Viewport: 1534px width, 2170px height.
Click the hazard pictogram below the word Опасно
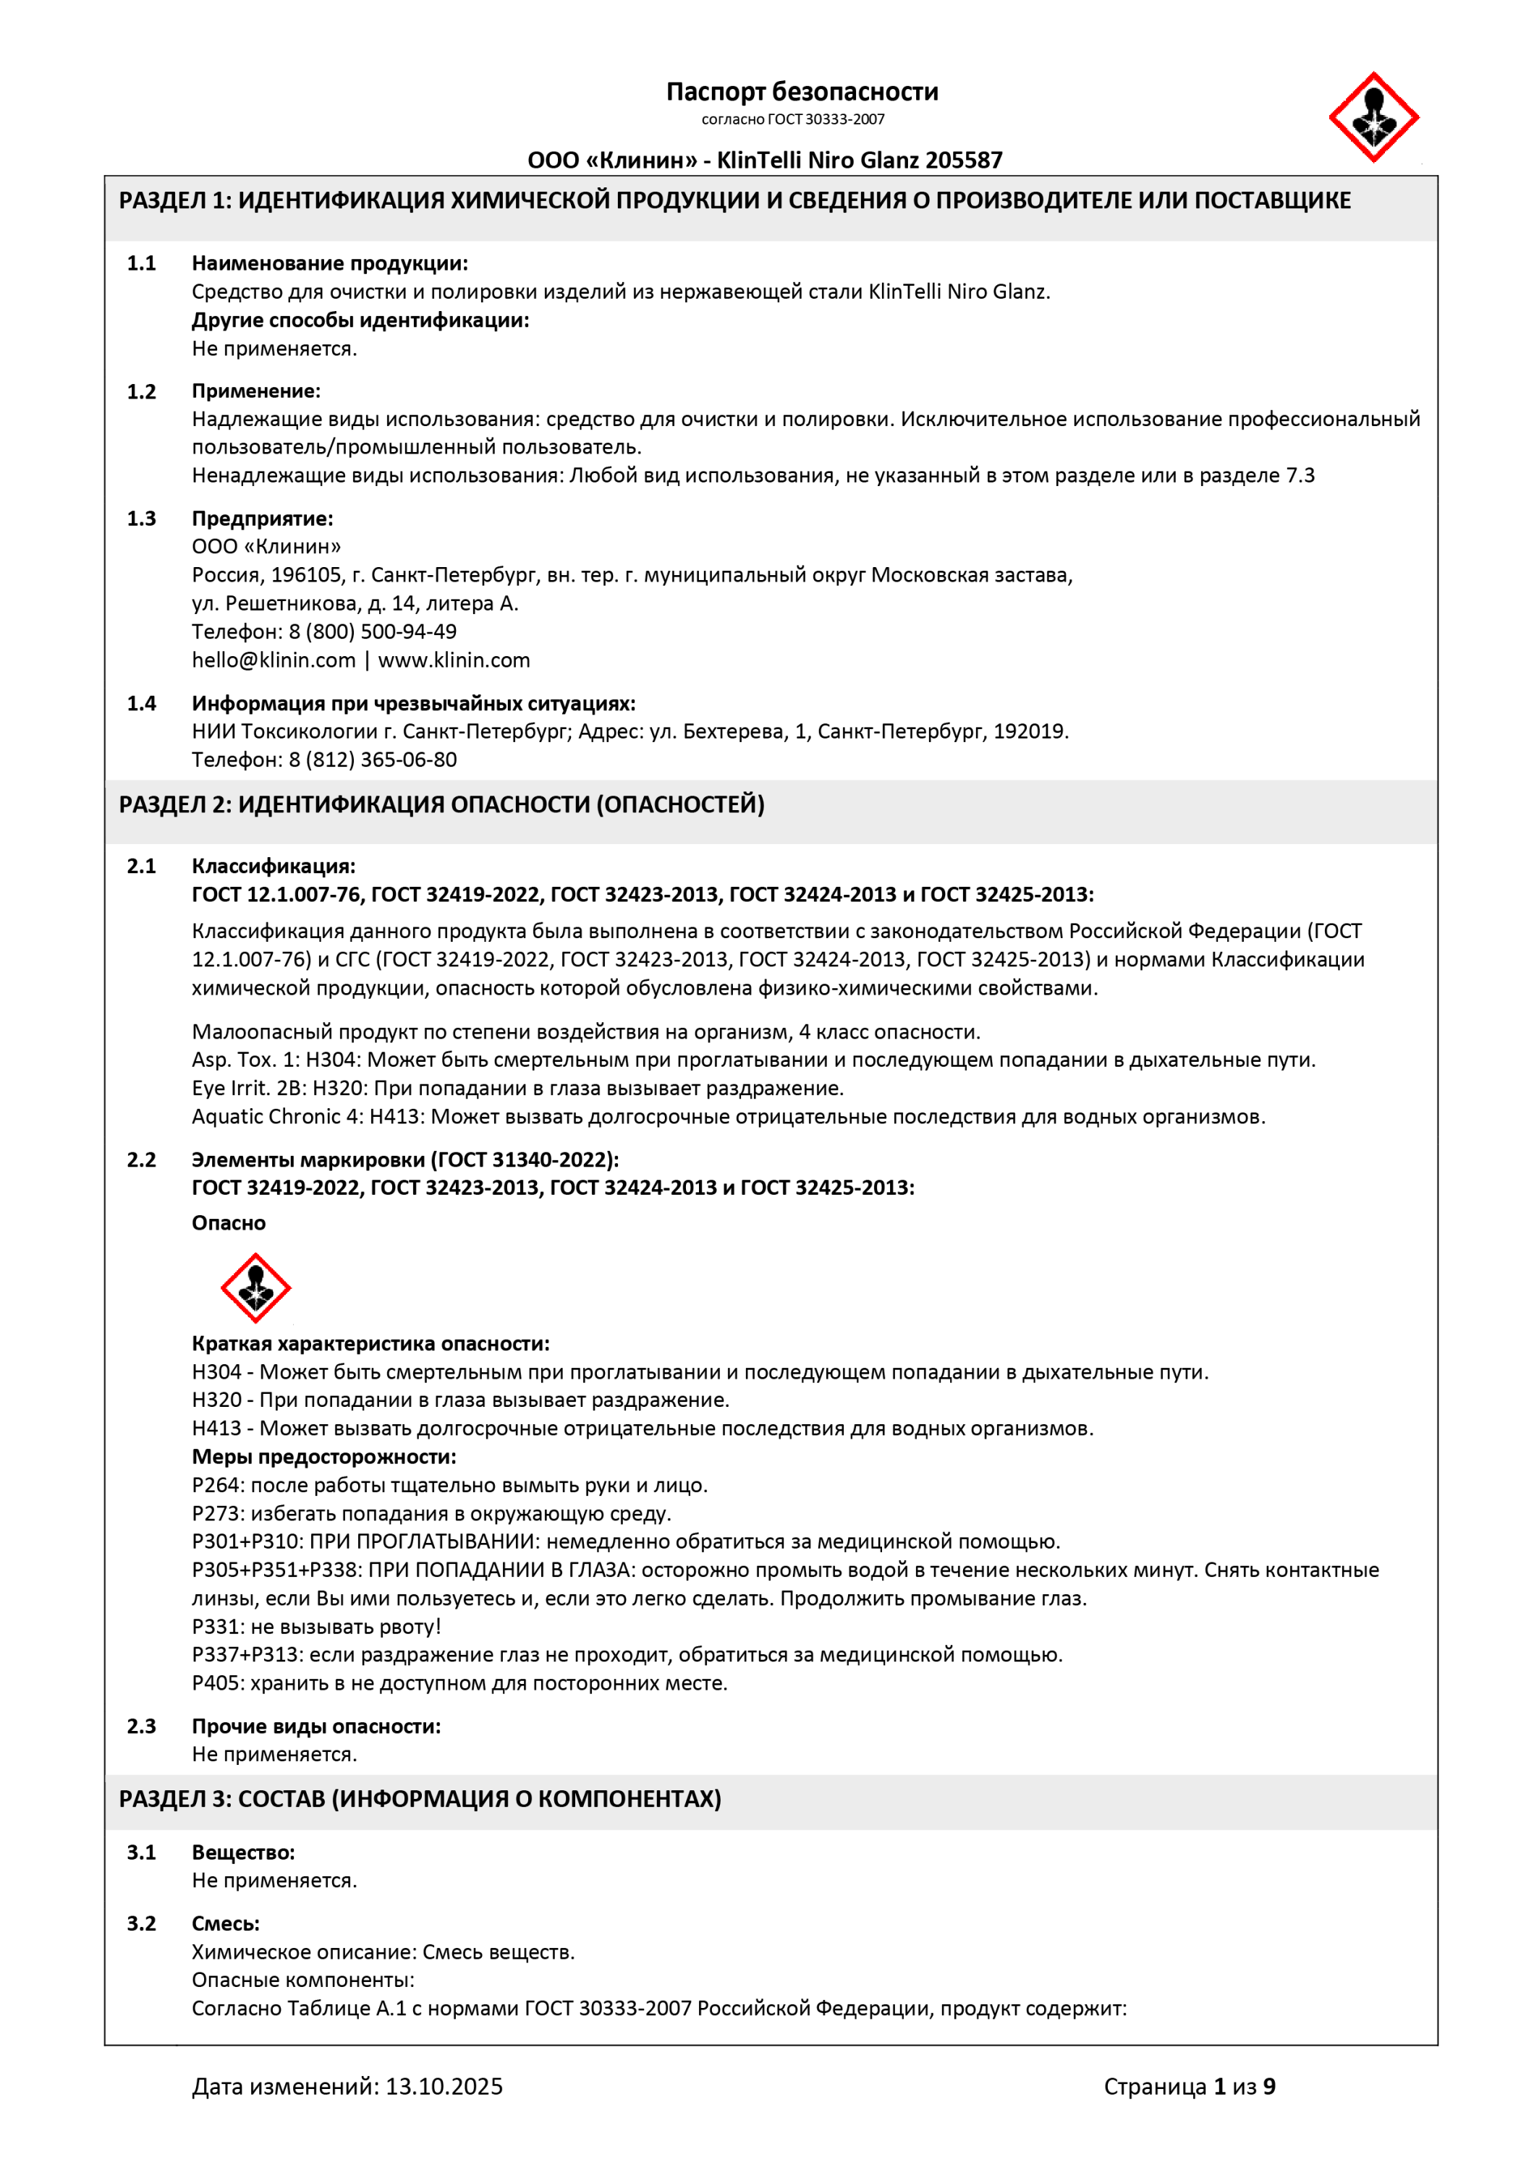coord(255,1288)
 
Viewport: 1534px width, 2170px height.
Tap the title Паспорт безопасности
coord(802,92)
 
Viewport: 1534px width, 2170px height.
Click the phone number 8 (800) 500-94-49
coord(373,631)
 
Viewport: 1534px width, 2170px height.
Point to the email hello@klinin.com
coord(273,660)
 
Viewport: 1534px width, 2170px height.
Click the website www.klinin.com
coord(454,660)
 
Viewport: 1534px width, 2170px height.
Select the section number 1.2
coord(142,391)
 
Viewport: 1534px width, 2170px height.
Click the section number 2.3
coord(142,1726)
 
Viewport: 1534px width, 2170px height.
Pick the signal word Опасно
coord(229,1223)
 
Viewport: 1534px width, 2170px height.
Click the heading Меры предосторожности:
coord(323,1457)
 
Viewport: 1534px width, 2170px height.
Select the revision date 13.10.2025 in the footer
coord(444,2086)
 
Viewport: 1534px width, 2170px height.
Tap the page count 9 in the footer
coord(1268,2086)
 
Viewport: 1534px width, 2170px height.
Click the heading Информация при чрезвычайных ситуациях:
coord(413,703)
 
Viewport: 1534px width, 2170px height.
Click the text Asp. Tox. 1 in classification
coord(243,1060)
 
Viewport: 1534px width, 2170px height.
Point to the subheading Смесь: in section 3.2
coord(225,1923)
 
